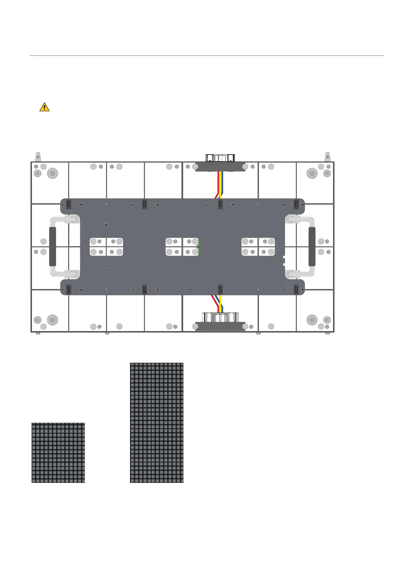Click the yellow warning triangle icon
pyautogui.click(x=44, y=107)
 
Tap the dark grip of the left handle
pyautogui.click(x=52, y=247)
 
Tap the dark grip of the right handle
pyautogui.click(x=312, y=247)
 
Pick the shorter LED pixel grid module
pyautogui.click(x=58, y=452)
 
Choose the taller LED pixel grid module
pyautogui.click(x=157, y=422)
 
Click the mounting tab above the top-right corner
pyautogui.click(x=327, y=156)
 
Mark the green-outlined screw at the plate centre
pyautogui.click(x=198, y=247)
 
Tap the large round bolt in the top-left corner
pyautogui.click(x=52, y=173)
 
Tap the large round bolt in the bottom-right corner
pyautogui.click(x=312, y=320)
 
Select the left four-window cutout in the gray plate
pyautogui.click(x=106, y=247)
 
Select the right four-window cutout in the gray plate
pyautogui.click(x=258, y=247)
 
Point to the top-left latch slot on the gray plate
pyautogui.click(x=68, y=204)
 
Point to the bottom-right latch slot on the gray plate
pyautogui.click(x=296, y=289)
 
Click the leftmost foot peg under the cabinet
pyautogui.click(x=38, y=333)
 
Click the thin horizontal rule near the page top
pyautogui.click(x=207, y=56)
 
